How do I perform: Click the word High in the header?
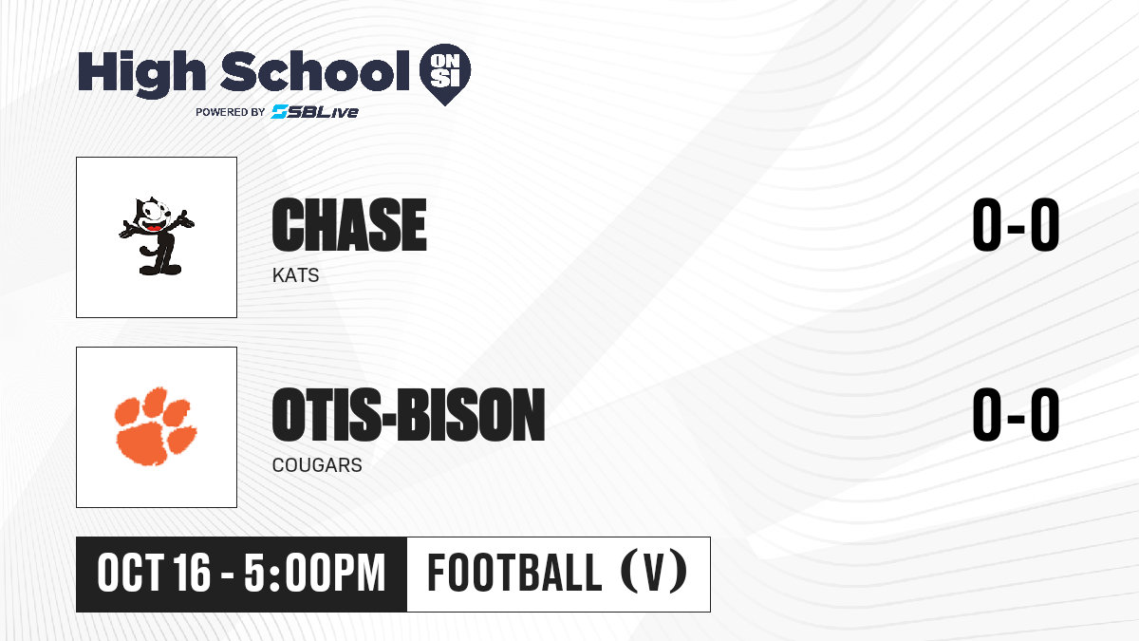141,73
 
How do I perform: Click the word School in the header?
315,71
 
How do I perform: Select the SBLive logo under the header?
315,111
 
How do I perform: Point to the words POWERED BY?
231,112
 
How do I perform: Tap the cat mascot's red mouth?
154,227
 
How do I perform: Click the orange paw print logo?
156,426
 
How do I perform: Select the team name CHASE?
349,225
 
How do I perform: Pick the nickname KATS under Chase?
295,275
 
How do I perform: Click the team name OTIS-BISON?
408,414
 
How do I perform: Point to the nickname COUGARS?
317,465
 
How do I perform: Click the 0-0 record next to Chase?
1016,225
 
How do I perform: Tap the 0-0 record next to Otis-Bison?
1016,414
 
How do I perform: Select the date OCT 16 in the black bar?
154,573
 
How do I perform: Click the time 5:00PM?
315,573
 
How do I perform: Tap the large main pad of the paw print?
143,443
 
